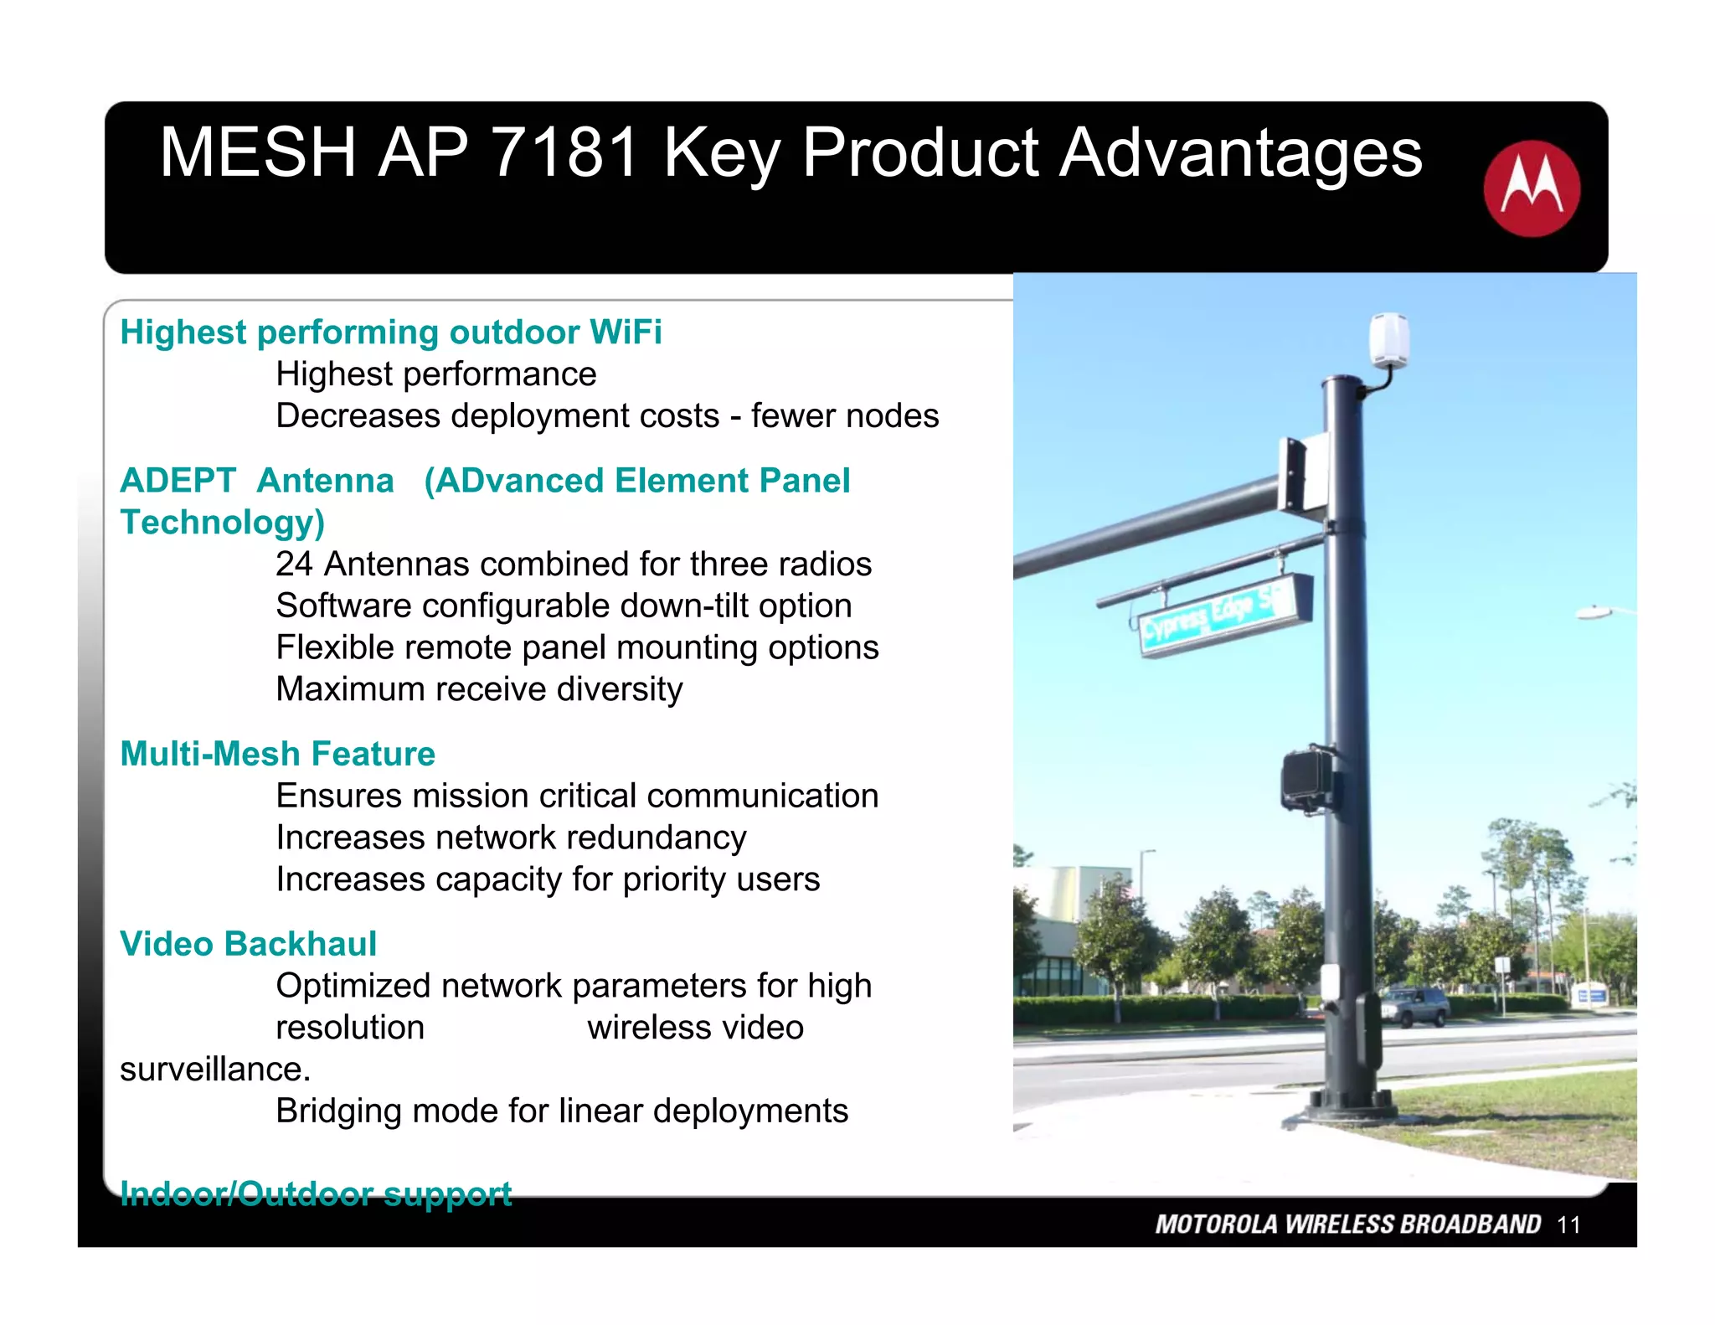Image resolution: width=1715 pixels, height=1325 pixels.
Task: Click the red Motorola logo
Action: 1531,188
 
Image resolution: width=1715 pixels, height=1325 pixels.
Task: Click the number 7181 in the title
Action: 565,152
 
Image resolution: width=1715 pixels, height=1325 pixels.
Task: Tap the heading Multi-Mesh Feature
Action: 277,754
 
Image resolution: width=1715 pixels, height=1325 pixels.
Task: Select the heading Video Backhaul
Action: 248,944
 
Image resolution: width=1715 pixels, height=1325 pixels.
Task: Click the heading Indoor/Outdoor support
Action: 315,1194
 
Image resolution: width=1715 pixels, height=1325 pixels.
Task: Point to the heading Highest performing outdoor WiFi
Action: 390,333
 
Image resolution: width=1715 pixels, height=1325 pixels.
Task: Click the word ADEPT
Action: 178,481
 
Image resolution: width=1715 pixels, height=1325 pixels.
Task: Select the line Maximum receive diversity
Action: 479,689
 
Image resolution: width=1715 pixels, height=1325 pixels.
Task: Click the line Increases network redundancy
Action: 511,838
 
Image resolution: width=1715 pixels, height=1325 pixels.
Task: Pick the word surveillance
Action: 214,1070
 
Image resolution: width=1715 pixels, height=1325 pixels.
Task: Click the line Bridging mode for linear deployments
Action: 561,1111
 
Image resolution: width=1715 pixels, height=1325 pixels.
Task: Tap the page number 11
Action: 1568,1225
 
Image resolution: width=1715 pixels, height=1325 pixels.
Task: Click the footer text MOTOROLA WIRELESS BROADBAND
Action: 1347,1224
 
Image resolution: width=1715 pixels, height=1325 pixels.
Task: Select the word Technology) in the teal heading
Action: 222,523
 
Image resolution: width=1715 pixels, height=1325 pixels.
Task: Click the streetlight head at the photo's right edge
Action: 1595,613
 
